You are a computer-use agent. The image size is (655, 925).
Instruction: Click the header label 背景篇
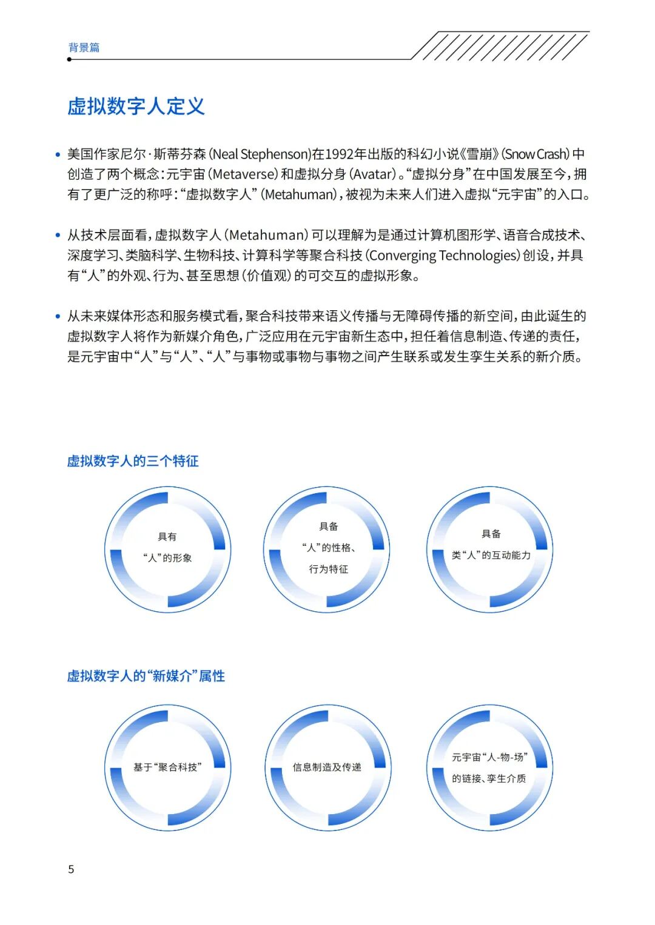(84, 47)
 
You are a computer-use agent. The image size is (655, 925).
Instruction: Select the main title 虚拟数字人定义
(136, 106)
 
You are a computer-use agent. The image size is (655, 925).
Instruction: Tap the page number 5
(71, 869)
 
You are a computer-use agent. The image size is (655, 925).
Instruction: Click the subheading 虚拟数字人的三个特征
(133, 461)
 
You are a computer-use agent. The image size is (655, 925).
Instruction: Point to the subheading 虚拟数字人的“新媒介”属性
(146, 676)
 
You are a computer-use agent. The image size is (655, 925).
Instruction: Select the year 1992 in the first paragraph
(338, 154)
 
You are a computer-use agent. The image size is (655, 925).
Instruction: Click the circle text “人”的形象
(167, 558)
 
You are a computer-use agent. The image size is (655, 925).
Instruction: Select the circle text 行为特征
(328, 569)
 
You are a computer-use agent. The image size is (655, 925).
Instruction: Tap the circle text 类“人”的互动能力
(491, 555)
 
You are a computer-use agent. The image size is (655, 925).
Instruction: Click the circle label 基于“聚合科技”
(167, 768)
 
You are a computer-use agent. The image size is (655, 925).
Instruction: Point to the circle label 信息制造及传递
(327, 768)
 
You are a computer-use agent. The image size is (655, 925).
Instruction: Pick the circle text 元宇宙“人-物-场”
(489, 757)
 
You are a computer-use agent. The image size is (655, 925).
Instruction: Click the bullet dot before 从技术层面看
(58, 236)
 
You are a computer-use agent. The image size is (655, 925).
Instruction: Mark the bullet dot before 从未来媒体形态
(58, 316)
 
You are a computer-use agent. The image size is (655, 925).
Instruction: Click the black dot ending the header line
(70, 59)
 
